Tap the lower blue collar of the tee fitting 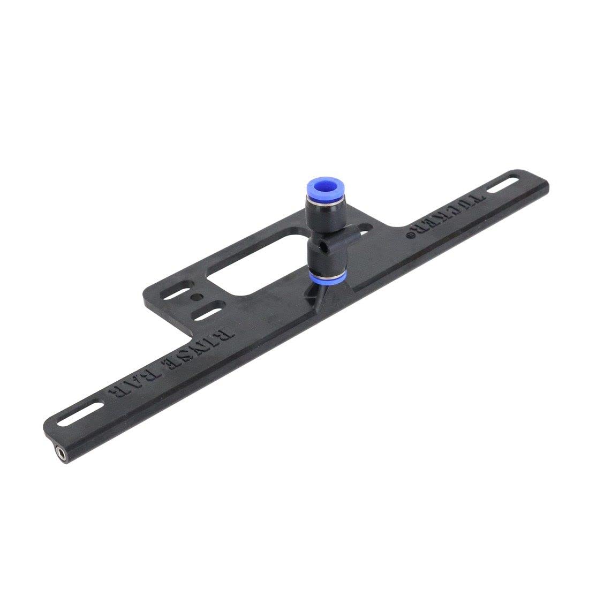point(327,276)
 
